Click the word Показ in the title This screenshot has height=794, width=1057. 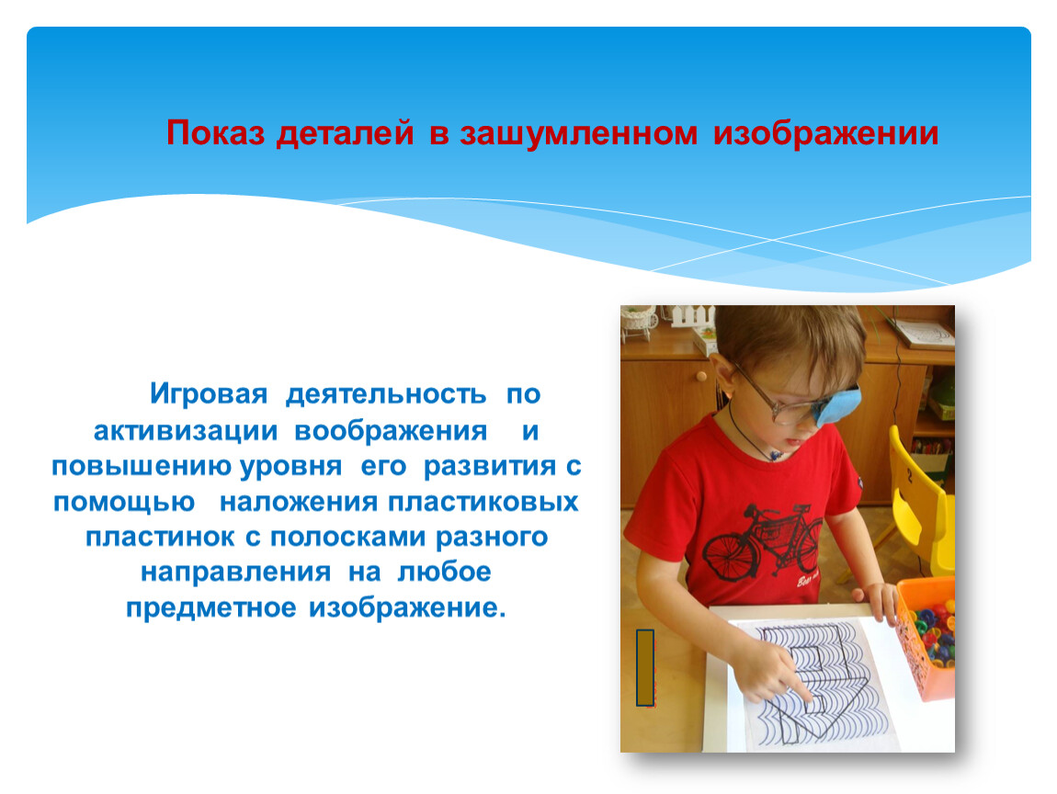(215, 132)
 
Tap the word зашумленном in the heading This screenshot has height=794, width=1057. (578, 132)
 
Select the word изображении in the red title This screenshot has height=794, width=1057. (825, 133)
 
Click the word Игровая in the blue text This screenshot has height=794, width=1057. (209, 394)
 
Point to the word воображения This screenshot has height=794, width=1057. (391, 431)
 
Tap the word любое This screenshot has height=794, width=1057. (444, 572)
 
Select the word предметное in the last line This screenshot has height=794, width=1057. (211, 609)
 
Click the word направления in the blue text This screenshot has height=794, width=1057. (236, 573)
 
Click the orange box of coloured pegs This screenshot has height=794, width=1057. (926, 637)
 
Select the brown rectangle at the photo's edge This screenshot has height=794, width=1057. (645, 668)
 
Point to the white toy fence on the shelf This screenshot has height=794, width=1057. (692, 315)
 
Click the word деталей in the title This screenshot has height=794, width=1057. (345, 133)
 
